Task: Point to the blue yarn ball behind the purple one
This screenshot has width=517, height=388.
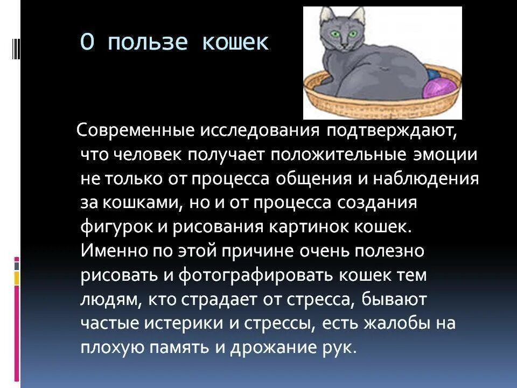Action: click(x=434, y=73)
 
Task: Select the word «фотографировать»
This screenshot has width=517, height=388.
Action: click(x=255, y=275)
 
